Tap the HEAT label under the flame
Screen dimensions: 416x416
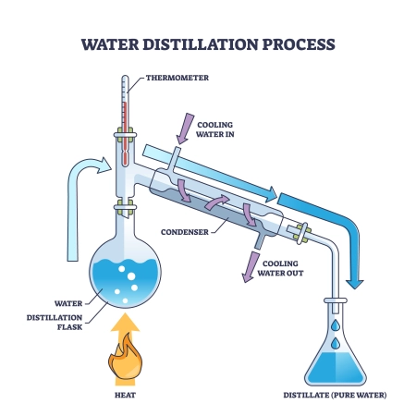(x=126, y=395)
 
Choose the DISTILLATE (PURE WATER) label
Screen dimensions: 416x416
(x=336, y=395)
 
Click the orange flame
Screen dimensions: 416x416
(x=126, y=364)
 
